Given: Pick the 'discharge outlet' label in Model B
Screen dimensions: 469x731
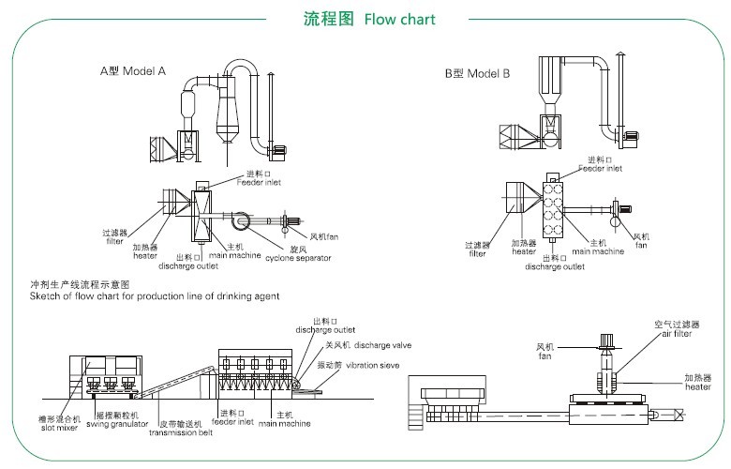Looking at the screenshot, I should coord(554,266).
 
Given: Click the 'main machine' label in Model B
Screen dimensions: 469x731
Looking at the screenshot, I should coord(597,250).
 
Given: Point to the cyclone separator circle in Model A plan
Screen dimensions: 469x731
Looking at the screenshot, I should coord(236,221).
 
